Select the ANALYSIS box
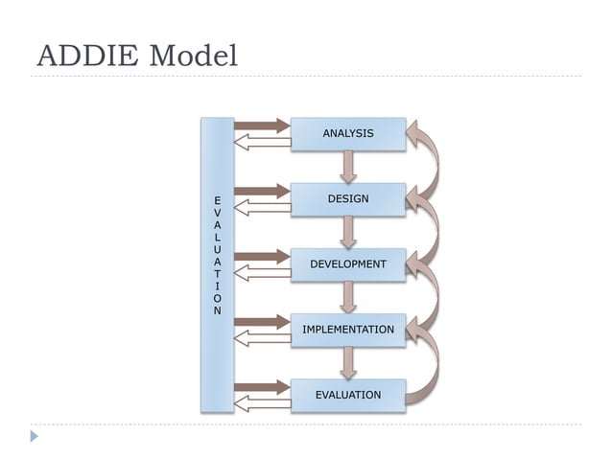347,134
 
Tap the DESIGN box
347,199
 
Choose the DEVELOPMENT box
347,264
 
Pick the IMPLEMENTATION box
347,330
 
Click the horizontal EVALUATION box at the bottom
347,395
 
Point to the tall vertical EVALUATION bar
217,263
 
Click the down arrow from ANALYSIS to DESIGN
348,167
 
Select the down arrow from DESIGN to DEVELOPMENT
348,232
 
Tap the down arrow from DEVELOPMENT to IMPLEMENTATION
348,297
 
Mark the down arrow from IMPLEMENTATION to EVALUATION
348,362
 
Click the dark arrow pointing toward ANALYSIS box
262,126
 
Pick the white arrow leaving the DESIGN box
262,208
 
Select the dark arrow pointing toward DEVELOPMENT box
262,256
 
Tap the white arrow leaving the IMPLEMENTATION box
262,338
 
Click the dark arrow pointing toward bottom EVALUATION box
262,387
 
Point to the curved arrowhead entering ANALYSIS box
415,133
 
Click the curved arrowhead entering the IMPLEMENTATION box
415,329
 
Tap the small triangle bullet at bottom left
35,436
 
